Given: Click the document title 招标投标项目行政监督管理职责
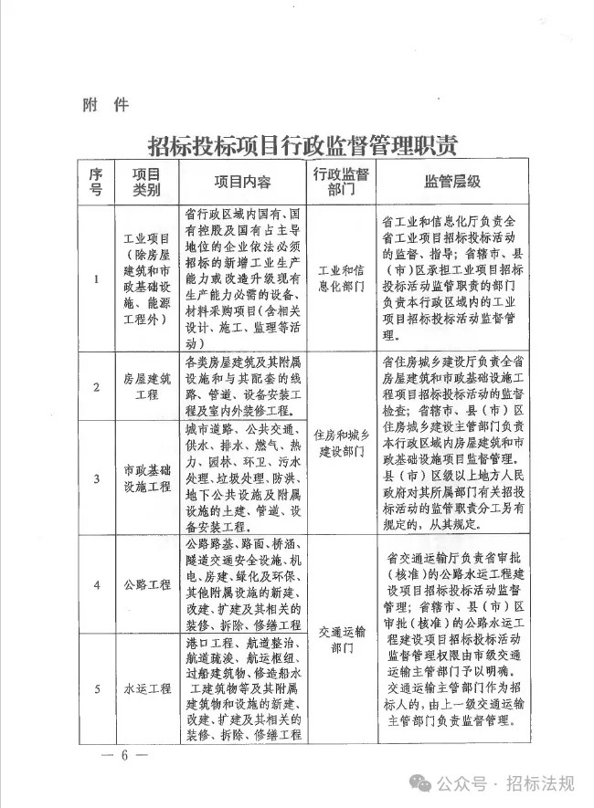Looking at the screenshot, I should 302,144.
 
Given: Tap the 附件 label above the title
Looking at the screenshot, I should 101,104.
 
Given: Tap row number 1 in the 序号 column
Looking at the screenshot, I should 96,279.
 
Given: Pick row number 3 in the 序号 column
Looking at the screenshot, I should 96,477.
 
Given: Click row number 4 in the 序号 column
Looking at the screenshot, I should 96,584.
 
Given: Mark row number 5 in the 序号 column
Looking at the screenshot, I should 96,687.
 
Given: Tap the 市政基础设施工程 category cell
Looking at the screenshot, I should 146,477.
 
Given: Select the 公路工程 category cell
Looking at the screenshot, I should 146,584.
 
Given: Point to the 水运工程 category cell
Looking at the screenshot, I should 146,687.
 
